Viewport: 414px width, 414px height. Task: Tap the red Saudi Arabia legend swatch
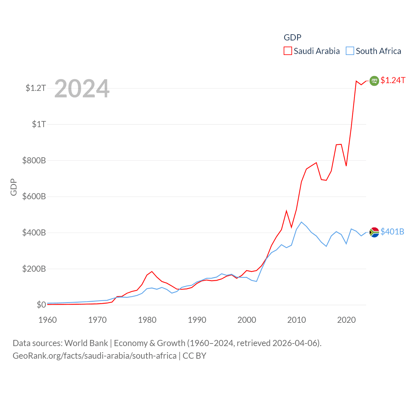point(288,51)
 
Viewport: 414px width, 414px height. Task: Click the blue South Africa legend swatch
point(350,51)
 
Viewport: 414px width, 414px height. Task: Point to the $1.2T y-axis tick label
point(36,88)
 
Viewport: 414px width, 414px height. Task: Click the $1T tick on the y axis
point(39,124)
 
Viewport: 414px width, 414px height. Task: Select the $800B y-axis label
point(34,160)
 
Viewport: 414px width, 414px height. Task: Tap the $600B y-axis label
point(34,197)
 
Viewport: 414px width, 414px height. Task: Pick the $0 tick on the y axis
point(41,305)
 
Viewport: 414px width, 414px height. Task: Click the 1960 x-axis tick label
point(48,320)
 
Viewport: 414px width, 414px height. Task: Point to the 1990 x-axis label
point(197,320)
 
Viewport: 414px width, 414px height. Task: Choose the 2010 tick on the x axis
point(297,320)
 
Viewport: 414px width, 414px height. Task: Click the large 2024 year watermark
point(82,89)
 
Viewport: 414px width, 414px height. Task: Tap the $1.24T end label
point(393,80)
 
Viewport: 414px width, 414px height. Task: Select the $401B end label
point(392,232)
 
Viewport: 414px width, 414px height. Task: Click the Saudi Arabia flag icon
point(374,81)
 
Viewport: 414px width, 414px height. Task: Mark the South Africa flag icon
point(374,232)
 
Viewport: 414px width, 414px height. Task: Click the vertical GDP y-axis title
point(14,187)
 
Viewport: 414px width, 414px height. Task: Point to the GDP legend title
point(292,38)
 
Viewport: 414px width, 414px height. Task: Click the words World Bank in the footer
point(86,343)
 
